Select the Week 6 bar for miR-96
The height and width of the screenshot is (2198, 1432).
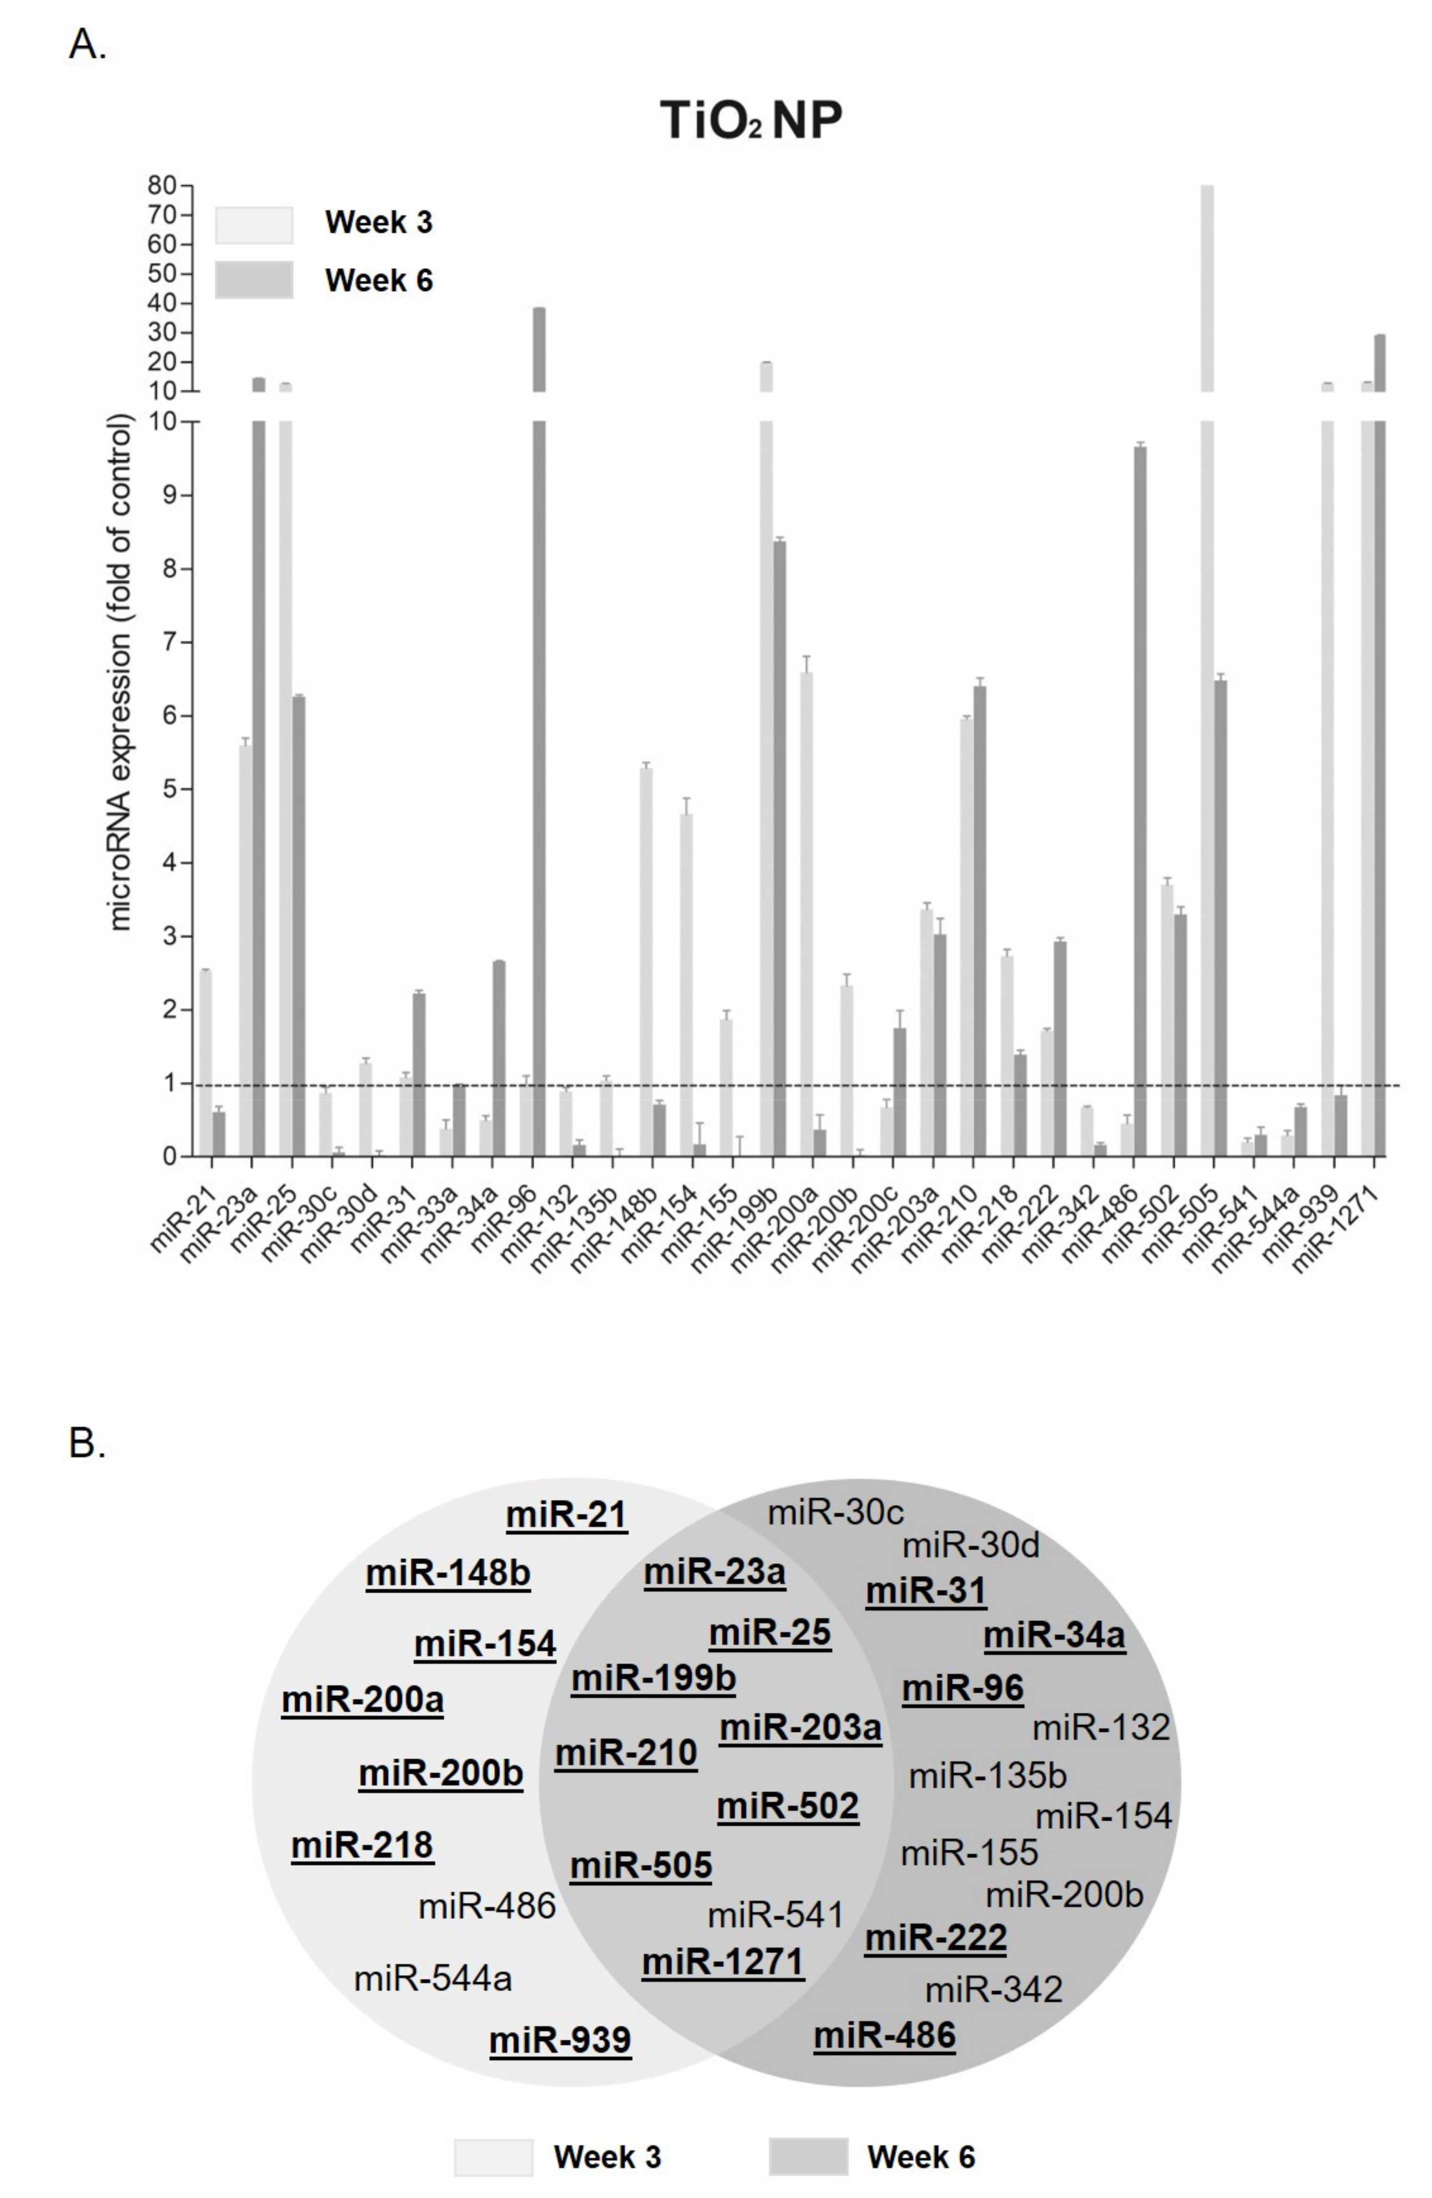click(x=538, y=739)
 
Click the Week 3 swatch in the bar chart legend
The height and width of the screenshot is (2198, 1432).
click(x=254, y=224)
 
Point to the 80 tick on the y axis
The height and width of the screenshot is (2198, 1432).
click(x=164, y=186)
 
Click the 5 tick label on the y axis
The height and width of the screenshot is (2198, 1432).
click(x=169, y=789)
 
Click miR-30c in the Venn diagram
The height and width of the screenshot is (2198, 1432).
click(x=836, y=1513)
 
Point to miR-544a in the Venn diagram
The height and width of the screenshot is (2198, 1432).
click(x=433, y=1979)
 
